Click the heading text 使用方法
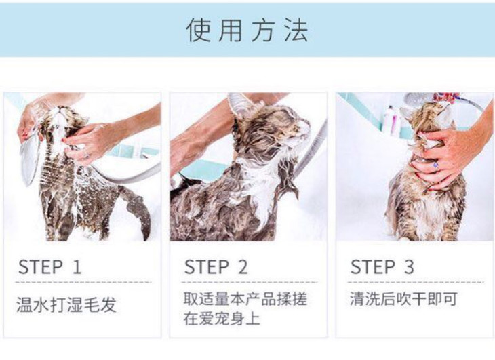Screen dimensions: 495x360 248,31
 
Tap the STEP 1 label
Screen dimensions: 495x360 50,267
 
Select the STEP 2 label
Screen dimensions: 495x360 216,267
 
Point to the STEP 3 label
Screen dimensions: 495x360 382,267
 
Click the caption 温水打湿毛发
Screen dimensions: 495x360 66,305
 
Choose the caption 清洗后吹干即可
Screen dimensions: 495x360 403,299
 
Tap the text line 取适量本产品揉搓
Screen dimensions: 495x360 245,299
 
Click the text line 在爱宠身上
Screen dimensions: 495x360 222,319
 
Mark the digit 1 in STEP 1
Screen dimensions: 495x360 77,267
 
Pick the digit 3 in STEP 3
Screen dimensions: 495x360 409,267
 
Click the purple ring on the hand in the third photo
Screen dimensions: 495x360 435,165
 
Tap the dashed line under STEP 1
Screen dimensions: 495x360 83,282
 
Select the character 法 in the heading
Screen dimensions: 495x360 296,31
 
